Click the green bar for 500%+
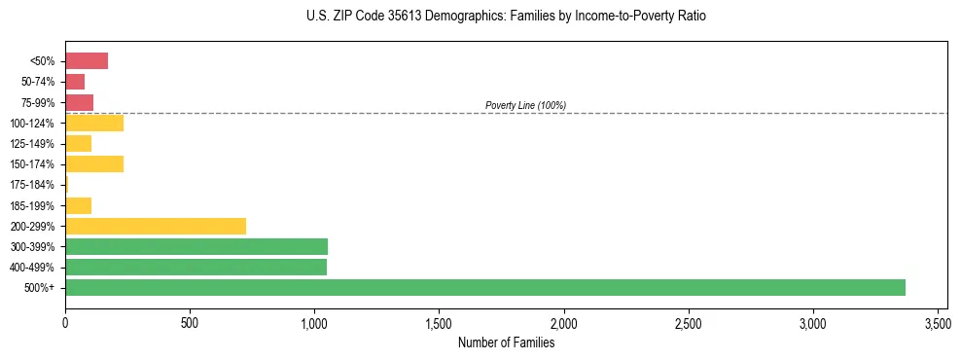pyautogui.click(x=484, y=287)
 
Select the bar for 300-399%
pyautogui.click(x=196, y=246)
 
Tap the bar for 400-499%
pyautogui.click(x=196, y=267)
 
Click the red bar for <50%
pyautogui.click(x=87, y=61)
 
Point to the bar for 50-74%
pyautogui.click(x=75, y=82)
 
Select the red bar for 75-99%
pyautogui.click(x=79, y=102)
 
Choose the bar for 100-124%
pyautogui.click(x=94, y=123)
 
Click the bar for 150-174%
pyautogui.click(x=94, y=163)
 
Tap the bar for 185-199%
pyautogui.click(x=78, y=205)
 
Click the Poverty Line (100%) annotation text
pyautogui.click(x=525, y=105)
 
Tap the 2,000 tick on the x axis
pyautogui.click(x=564, y=322)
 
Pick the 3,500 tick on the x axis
pyautogui.click(x=938, y=322)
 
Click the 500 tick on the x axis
pyautogui.click(x=190, y=322)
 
